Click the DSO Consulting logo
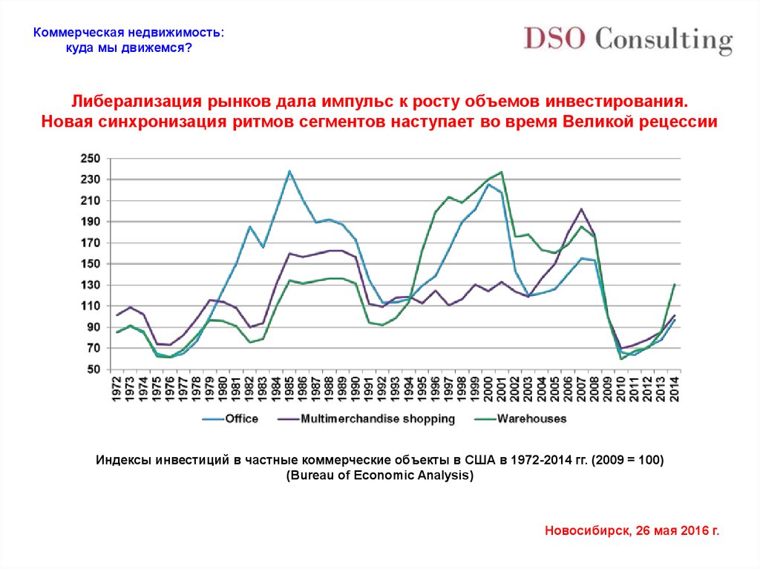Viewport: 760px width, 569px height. click(628, 39)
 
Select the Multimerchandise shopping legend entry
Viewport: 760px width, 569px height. click(378, 419)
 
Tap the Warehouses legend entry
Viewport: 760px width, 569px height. click(531, 419)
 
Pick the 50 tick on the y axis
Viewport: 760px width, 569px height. click(92, 369)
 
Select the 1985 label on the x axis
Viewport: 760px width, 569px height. click(290, 389)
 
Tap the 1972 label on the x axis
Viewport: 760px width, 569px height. click(117, 389)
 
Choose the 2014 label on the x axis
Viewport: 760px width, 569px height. click(675, 389)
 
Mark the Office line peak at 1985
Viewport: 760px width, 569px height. click(289, 171)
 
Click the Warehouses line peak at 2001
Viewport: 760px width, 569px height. click(502, 172)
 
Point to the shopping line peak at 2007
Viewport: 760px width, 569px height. click(581, 208)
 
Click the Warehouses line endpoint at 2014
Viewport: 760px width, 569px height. click(674, 284)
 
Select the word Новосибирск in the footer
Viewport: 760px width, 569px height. click(586, 531)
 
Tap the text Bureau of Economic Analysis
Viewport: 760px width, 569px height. click(379, 476)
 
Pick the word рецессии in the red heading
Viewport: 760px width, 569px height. click(682, 122)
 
